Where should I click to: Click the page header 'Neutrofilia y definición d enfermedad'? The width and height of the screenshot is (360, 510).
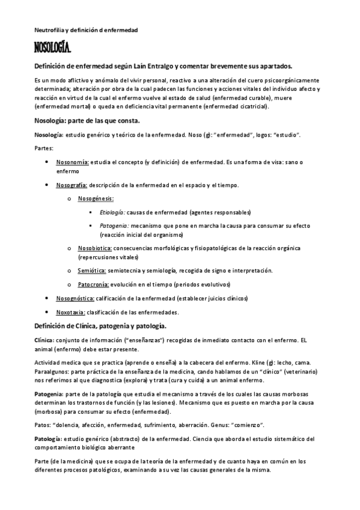pyautogui.click(x=85, y=29)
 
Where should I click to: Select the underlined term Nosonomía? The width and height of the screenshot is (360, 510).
pyautogui.click(x=72, y=162)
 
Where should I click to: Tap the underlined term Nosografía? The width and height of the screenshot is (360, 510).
pyautogui.click(x=72, y=185)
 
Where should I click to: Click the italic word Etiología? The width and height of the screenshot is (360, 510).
pyautogui.click(x=112, y=212)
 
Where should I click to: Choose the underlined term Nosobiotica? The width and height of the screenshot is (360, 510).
pyautogui.click(x=95, y=248)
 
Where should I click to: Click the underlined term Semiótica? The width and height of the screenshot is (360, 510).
pyautogui.click(x=92, y=270)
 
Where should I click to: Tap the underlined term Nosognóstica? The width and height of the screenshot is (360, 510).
pyautogui.click(x=75, y=298)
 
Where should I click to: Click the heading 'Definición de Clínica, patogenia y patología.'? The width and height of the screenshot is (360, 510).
pyautogui.click(x=100, y=326)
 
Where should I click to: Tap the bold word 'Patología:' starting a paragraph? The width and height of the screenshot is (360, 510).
pyautogui.click(x=48, y=438)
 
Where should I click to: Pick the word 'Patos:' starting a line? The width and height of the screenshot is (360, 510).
pyautogui.click(x=43, y=425)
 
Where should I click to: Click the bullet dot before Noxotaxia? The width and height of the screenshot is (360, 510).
pyautogui.click(x=48, y=312)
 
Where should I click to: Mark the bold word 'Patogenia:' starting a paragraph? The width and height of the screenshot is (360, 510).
pyautogui.click(x=49, y=392)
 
